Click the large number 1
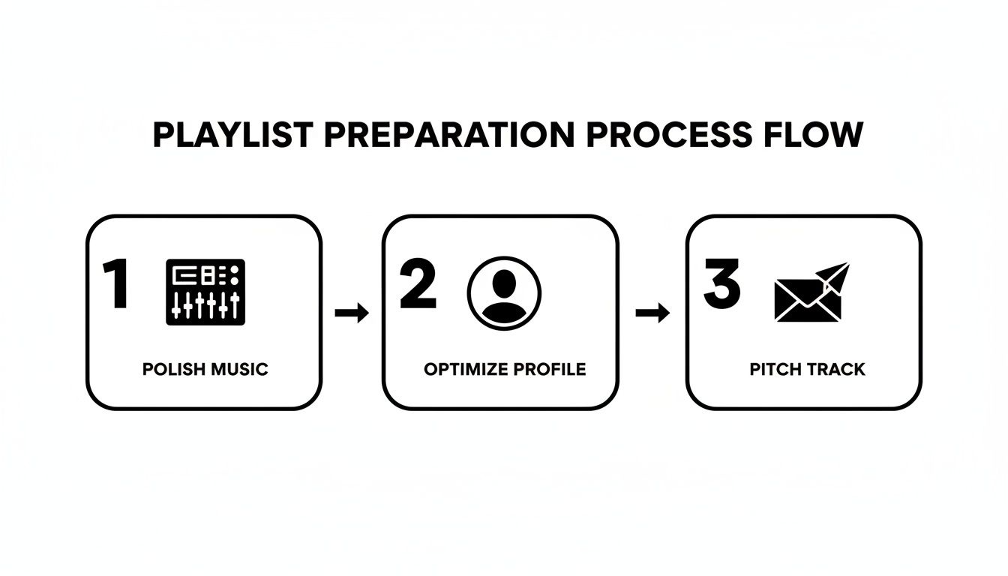(117, 285)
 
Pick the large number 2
(418, 285)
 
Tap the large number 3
(721, 285)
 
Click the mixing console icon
(205, 292)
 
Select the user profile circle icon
(504, 292)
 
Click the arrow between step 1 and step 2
(352, 313)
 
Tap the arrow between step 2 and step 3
(652, 313)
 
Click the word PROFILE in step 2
(551, 369)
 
